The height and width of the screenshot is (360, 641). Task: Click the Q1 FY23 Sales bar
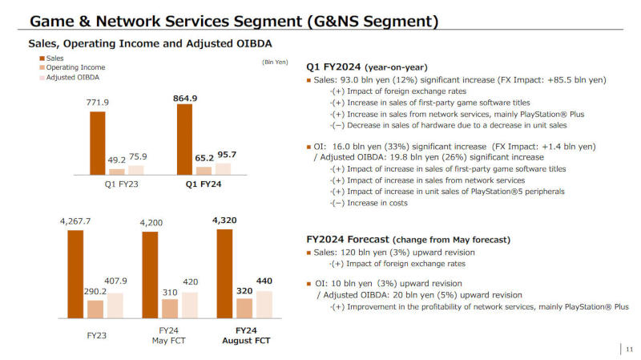pyautogui.click(x=98, y=143)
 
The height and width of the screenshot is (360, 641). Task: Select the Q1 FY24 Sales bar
pyautogui.click(x=184, y=139)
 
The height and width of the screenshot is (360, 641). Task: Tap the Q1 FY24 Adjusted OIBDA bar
pyautogui.click(x=223, y=168)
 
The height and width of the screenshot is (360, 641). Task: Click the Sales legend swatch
pyautogui.click(x=41, y=58)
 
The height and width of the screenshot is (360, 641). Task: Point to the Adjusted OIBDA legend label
pyautogui.click(x=73, y=77)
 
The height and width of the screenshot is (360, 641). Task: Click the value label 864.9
pyautogui.click(x=185, y=98)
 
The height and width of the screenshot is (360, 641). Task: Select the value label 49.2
pyautogui.click(x=117, y=160)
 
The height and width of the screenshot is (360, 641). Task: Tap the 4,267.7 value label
pyautogui.click(x=75, y=220)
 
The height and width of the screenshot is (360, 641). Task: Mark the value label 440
pyautogui.click(x=264, y=281)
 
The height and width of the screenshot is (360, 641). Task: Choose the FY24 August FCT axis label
pyautogui.click(x=246, y=335)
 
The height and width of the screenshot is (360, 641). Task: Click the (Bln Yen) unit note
pyautogui.click(x=275, y=62)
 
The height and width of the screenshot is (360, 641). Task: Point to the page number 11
pyautogui.click(x=629, y=349)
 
